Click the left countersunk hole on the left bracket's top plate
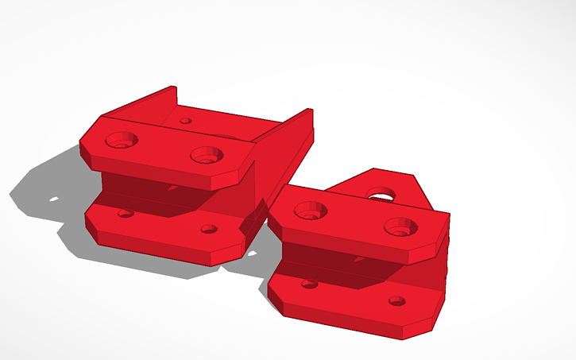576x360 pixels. [x=122, y=141]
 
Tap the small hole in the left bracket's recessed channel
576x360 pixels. [x=185, y=122]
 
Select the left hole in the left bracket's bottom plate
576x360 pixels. [x=125, y=213]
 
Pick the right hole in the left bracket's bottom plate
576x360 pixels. [x=209, y=229]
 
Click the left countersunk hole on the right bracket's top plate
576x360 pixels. [x=311, y=211]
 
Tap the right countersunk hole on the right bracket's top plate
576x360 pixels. [x=400, y=227]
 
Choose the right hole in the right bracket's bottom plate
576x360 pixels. [x=397, y=300]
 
